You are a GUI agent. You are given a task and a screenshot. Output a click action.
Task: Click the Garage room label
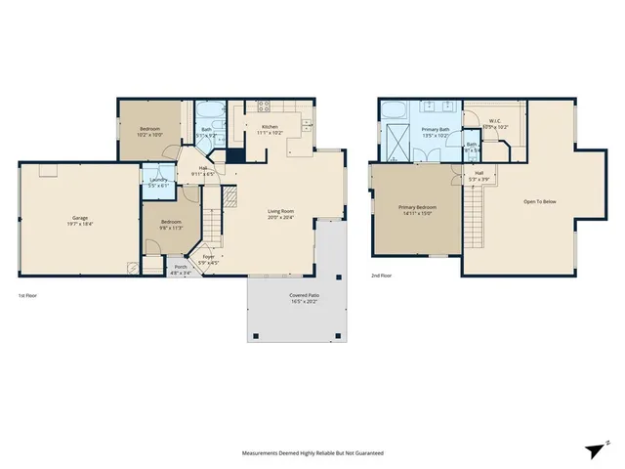(80, 218)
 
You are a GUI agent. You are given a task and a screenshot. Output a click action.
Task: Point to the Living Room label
(280, 211)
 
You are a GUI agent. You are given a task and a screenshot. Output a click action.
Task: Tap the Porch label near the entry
(180, 267)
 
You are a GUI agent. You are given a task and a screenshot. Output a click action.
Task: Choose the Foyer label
(208, 256)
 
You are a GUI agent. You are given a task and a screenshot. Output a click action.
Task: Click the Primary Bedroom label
(417, 207)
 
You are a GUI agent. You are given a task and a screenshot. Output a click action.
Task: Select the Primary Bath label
(436, 129)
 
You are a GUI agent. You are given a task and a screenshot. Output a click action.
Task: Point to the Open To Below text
(539, 201)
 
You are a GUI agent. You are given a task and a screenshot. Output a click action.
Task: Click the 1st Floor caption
(29, 295)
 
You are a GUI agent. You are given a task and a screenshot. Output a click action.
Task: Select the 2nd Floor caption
(382, 277)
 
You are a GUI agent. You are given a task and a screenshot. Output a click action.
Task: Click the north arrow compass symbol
(595, 448)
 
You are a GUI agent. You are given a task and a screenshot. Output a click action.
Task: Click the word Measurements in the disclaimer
(264, 453)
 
